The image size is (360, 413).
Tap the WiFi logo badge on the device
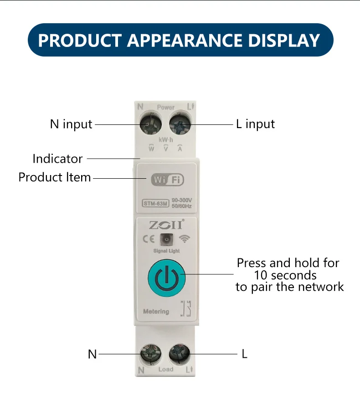click(167, 180)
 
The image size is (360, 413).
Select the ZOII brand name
click(166, 225)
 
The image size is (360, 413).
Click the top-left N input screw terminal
click(151, 124)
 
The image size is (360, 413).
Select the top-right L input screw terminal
click(180, 124)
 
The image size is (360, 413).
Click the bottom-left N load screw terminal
click(151, 354)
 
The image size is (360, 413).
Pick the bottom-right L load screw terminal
click(180, 354)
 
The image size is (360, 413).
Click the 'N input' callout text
click(71, 124)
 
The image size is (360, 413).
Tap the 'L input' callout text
click(255, 124)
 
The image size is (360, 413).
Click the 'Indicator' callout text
click(57, 159)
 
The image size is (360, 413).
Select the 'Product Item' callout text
click(55, 177)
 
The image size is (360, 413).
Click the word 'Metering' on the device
click(156, 312)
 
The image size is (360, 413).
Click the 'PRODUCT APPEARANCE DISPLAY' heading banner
click(180, 40)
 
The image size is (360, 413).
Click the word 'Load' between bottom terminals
click(166, 369)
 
